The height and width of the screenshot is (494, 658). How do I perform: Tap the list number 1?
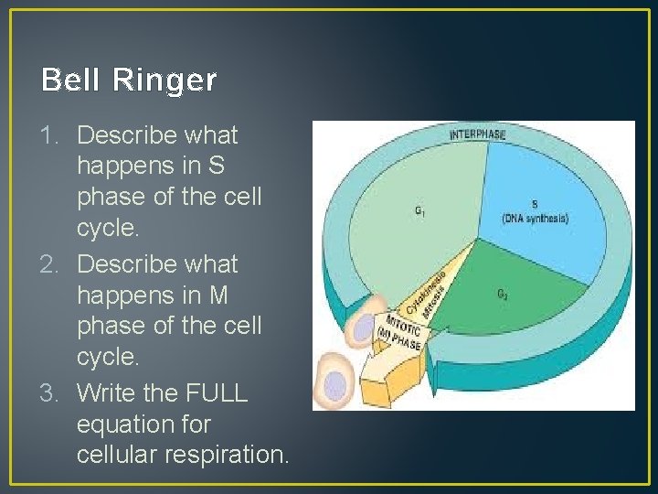pyautogui.click(x=49, y=135)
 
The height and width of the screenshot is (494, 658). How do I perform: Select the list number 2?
pyautogui.click(x=49, y=264)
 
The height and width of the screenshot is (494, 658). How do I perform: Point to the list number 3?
pyautogui.click(x=49, y=393)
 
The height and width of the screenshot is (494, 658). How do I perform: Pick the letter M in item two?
pyautogui.click(x=218, y=295)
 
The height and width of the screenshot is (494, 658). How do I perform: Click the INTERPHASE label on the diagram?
pyautogui.click(x=477, y=134)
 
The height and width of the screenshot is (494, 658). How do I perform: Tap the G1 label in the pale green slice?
pyautogui.click(x=419, y=211)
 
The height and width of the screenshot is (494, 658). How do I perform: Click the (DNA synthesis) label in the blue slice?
pyautogui.click(x=535, y=218)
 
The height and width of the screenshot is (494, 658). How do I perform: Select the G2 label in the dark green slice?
pyautogui.click(x=504, y=294)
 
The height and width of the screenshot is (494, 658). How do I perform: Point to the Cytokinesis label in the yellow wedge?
pyautogui.click(x=423, y=290)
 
